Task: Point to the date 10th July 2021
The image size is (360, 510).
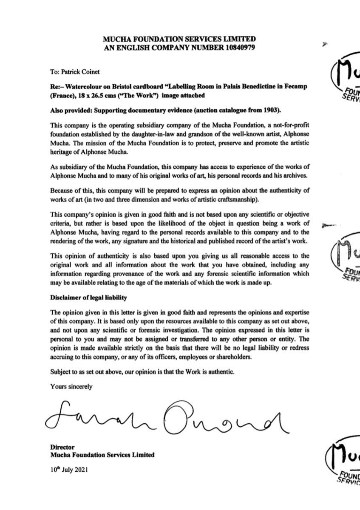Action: [69, 470]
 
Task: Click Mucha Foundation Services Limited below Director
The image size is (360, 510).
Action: [102, 455]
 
